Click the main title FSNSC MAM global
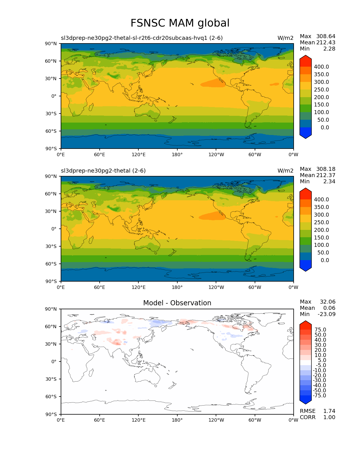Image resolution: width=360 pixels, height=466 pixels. [x=180, y=23]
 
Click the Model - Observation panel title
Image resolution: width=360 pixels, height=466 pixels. [x=177, y=303]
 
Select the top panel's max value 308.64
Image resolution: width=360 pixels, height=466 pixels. [x=326, y=36]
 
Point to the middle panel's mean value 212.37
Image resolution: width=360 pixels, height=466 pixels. [x=326, y=175]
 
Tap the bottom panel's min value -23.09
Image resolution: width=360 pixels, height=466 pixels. [x=326, y=314]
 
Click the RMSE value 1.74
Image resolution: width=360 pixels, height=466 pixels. [x=329, y=411]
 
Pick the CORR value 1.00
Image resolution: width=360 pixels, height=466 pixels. [x=329, y=417]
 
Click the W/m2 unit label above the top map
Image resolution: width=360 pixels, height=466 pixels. [x=285, y=38]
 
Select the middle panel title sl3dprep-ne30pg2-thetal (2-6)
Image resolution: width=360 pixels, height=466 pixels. [x=103, y=171]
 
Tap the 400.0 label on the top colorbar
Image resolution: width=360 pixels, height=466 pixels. [x=321, y=67]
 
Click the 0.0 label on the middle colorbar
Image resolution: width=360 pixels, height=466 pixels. [x=325, y=260]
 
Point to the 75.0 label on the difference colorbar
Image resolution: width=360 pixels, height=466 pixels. [x=320, y=330]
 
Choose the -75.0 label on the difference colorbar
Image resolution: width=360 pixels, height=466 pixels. [x=319, y=396]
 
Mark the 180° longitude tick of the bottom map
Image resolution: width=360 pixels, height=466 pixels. [x=177, y=420]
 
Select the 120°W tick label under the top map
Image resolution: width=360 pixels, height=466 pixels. [x=216, y=155]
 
